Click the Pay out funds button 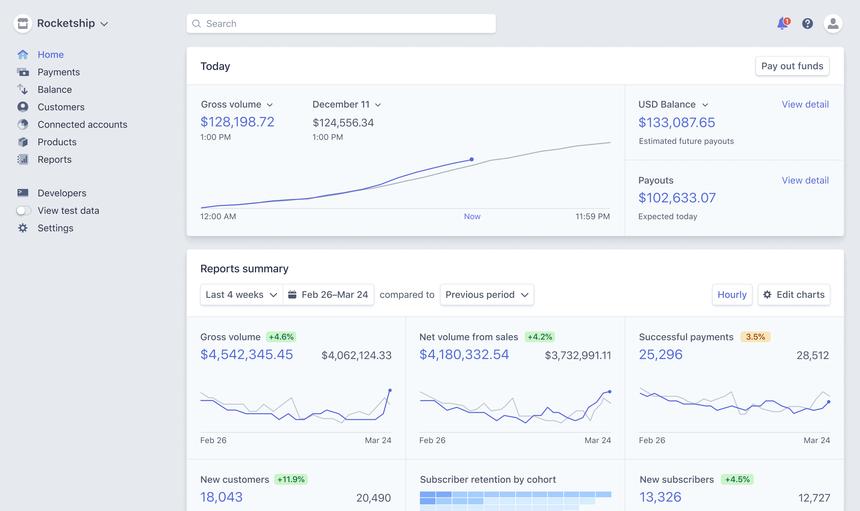[792, 66]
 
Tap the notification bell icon [782, 24]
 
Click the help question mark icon [807, 24]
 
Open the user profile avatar [832, 24]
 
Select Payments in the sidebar [58, 72]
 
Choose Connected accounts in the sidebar [82, 124]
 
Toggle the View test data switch [24, 210]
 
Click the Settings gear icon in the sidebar [23, 228]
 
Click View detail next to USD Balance [805, 104]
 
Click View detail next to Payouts [805, 180]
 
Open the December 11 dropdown [346, 104]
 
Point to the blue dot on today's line [472, 159]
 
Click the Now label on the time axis [472, 216]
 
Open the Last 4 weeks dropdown [241, 294]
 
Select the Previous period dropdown [486, 294]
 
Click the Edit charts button [793, 294]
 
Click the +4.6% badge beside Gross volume [281, 337]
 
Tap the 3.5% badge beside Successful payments [755, 337]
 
